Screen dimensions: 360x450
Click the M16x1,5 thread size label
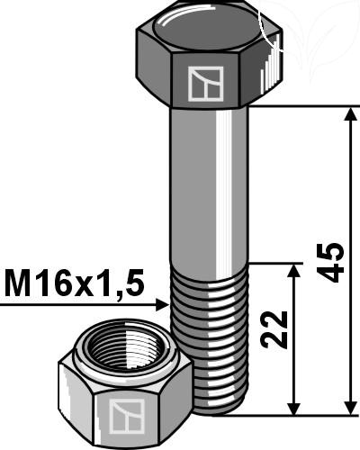(75, 283)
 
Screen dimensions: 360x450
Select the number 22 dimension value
(274, 329)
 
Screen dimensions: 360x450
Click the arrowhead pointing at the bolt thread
(162, 305)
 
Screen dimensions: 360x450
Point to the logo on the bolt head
(205, 83)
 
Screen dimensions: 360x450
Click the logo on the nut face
(127, 416)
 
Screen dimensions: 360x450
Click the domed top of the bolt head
(206, 28)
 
